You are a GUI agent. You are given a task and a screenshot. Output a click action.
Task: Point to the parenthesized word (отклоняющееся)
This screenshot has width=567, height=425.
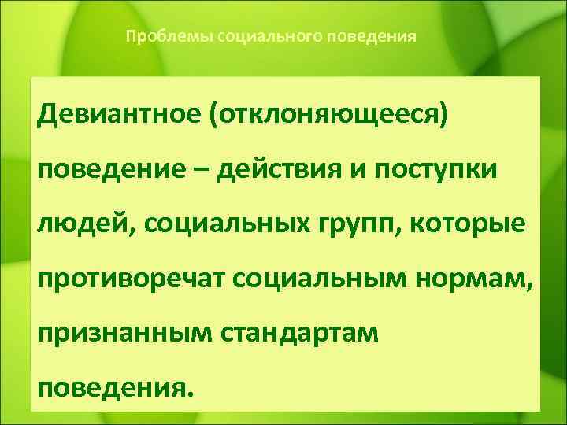tap(329, 118)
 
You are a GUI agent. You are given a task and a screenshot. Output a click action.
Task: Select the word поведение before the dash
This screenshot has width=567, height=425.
tap(102, 171)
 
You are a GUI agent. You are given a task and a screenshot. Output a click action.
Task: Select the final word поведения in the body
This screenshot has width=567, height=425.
tap(113, 388)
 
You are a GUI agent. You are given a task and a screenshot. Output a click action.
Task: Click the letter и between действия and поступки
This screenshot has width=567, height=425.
tap(343, 171)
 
